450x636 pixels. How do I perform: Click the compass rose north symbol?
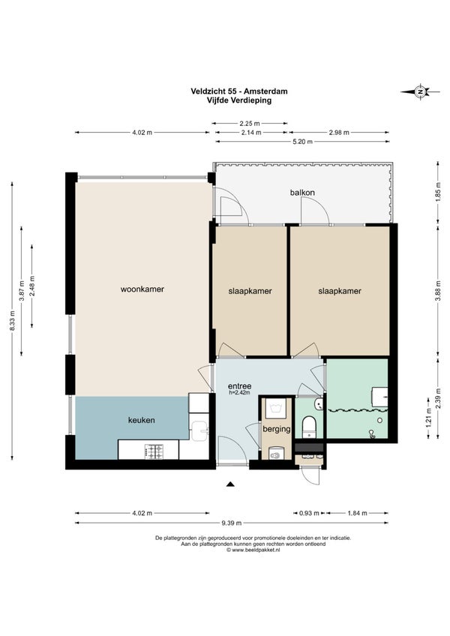click(421, 92)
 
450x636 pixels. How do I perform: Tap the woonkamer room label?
click(142, 289)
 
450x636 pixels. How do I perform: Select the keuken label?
click(141, 420)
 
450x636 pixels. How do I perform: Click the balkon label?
click(302, 192)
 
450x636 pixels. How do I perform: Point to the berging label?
click(277, 429)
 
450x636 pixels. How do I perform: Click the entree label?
click(239, 386)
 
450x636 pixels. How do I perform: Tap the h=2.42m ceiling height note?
click(239, 392)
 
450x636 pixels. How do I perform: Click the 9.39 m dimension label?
click(232, 523)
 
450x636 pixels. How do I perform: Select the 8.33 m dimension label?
click(12, 320)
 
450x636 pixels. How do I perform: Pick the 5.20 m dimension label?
click(303, 142)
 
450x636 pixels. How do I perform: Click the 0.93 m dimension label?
click(309, 513)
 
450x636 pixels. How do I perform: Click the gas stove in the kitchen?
click(154, 452)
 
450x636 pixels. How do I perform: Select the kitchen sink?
click(199, 430)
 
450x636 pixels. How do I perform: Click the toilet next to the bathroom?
click(309, 427)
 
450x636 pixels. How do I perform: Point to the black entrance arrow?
click(230, 484)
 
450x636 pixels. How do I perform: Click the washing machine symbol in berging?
click(276, 409)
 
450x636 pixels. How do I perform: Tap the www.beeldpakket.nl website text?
click(253, 550)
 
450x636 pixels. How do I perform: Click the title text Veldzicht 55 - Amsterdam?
click(239, 91)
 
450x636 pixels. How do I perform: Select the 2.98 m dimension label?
click(339, 132)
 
